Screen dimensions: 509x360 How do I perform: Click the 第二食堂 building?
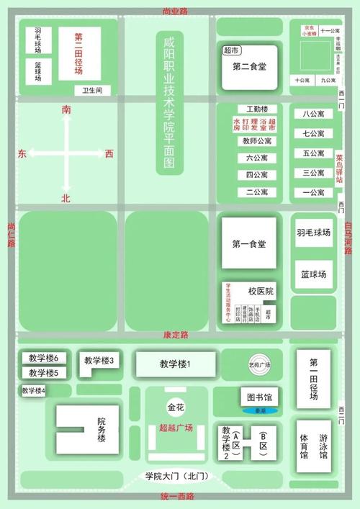tap(249, 66)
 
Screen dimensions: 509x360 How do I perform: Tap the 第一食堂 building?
tap(249, 243)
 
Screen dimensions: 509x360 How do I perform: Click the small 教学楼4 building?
tap(33, 390)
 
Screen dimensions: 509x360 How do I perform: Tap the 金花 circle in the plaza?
tap(176, 407)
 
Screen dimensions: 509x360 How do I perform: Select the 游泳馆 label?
tap(324, 446)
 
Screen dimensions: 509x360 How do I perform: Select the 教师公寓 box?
tap(257, 141)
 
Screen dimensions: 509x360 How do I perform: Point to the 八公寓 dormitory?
tap(314, 114)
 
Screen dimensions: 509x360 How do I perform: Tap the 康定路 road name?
tap(176, 335)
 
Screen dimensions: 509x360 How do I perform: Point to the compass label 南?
tap(66, 109)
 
